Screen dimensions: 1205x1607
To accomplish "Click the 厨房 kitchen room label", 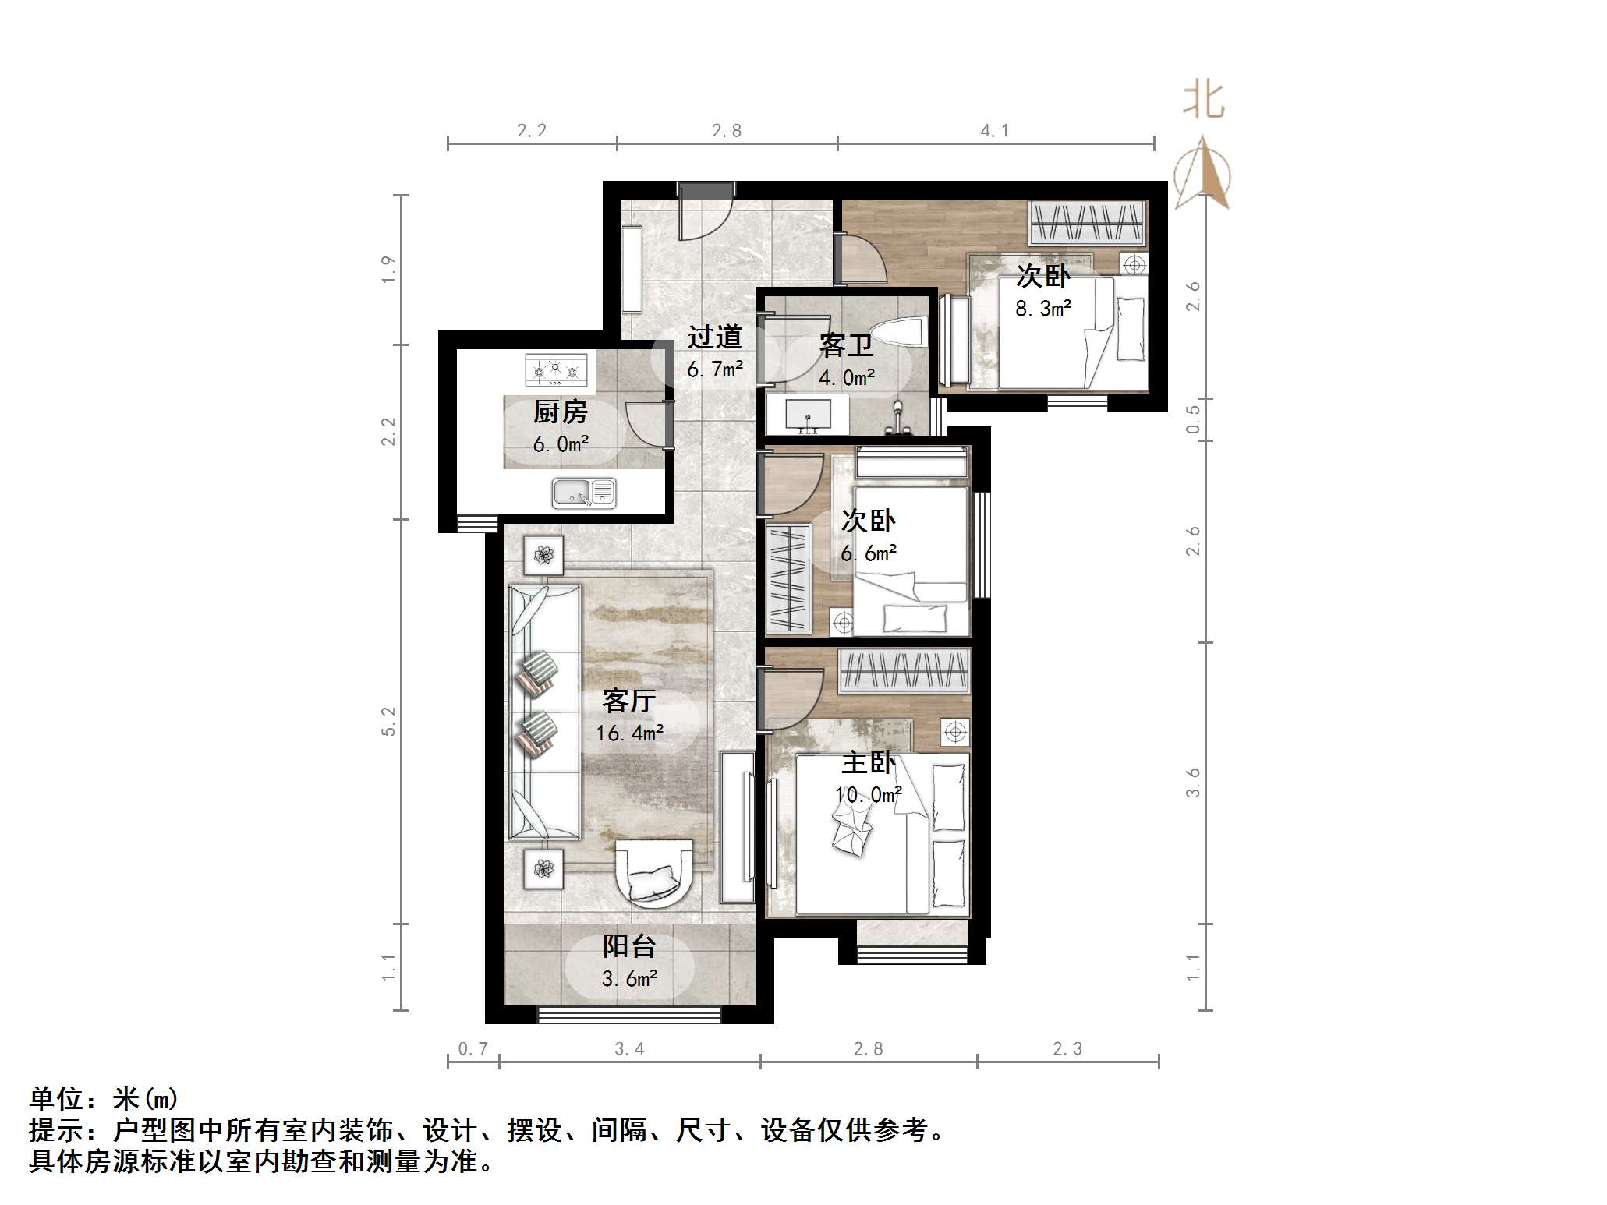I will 560,412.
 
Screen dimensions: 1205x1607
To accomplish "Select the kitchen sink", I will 584,493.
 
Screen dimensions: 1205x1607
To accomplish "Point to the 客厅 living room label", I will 628,701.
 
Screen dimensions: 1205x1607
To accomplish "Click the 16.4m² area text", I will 630,733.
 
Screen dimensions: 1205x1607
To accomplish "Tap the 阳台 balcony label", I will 628,946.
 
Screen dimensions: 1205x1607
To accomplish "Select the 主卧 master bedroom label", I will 869,762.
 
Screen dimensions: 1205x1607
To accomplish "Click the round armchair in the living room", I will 655,874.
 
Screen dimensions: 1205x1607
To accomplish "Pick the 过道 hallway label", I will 714,337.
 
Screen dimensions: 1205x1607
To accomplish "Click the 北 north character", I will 1203,101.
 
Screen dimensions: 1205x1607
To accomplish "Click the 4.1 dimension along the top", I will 994,131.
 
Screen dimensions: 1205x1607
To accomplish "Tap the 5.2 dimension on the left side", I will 388,721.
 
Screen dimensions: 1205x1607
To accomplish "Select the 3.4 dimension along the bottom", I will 629,1049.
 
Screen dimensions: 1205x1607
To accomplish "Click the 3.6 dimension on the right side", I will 1193,783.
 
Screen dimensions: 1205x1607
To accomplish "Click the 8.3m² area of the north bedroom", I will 1043,309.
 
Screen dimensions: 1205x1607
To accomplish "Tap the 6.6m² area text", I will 869,553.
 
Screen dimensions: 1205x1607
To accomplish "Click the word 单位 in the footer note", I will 57,1099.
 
